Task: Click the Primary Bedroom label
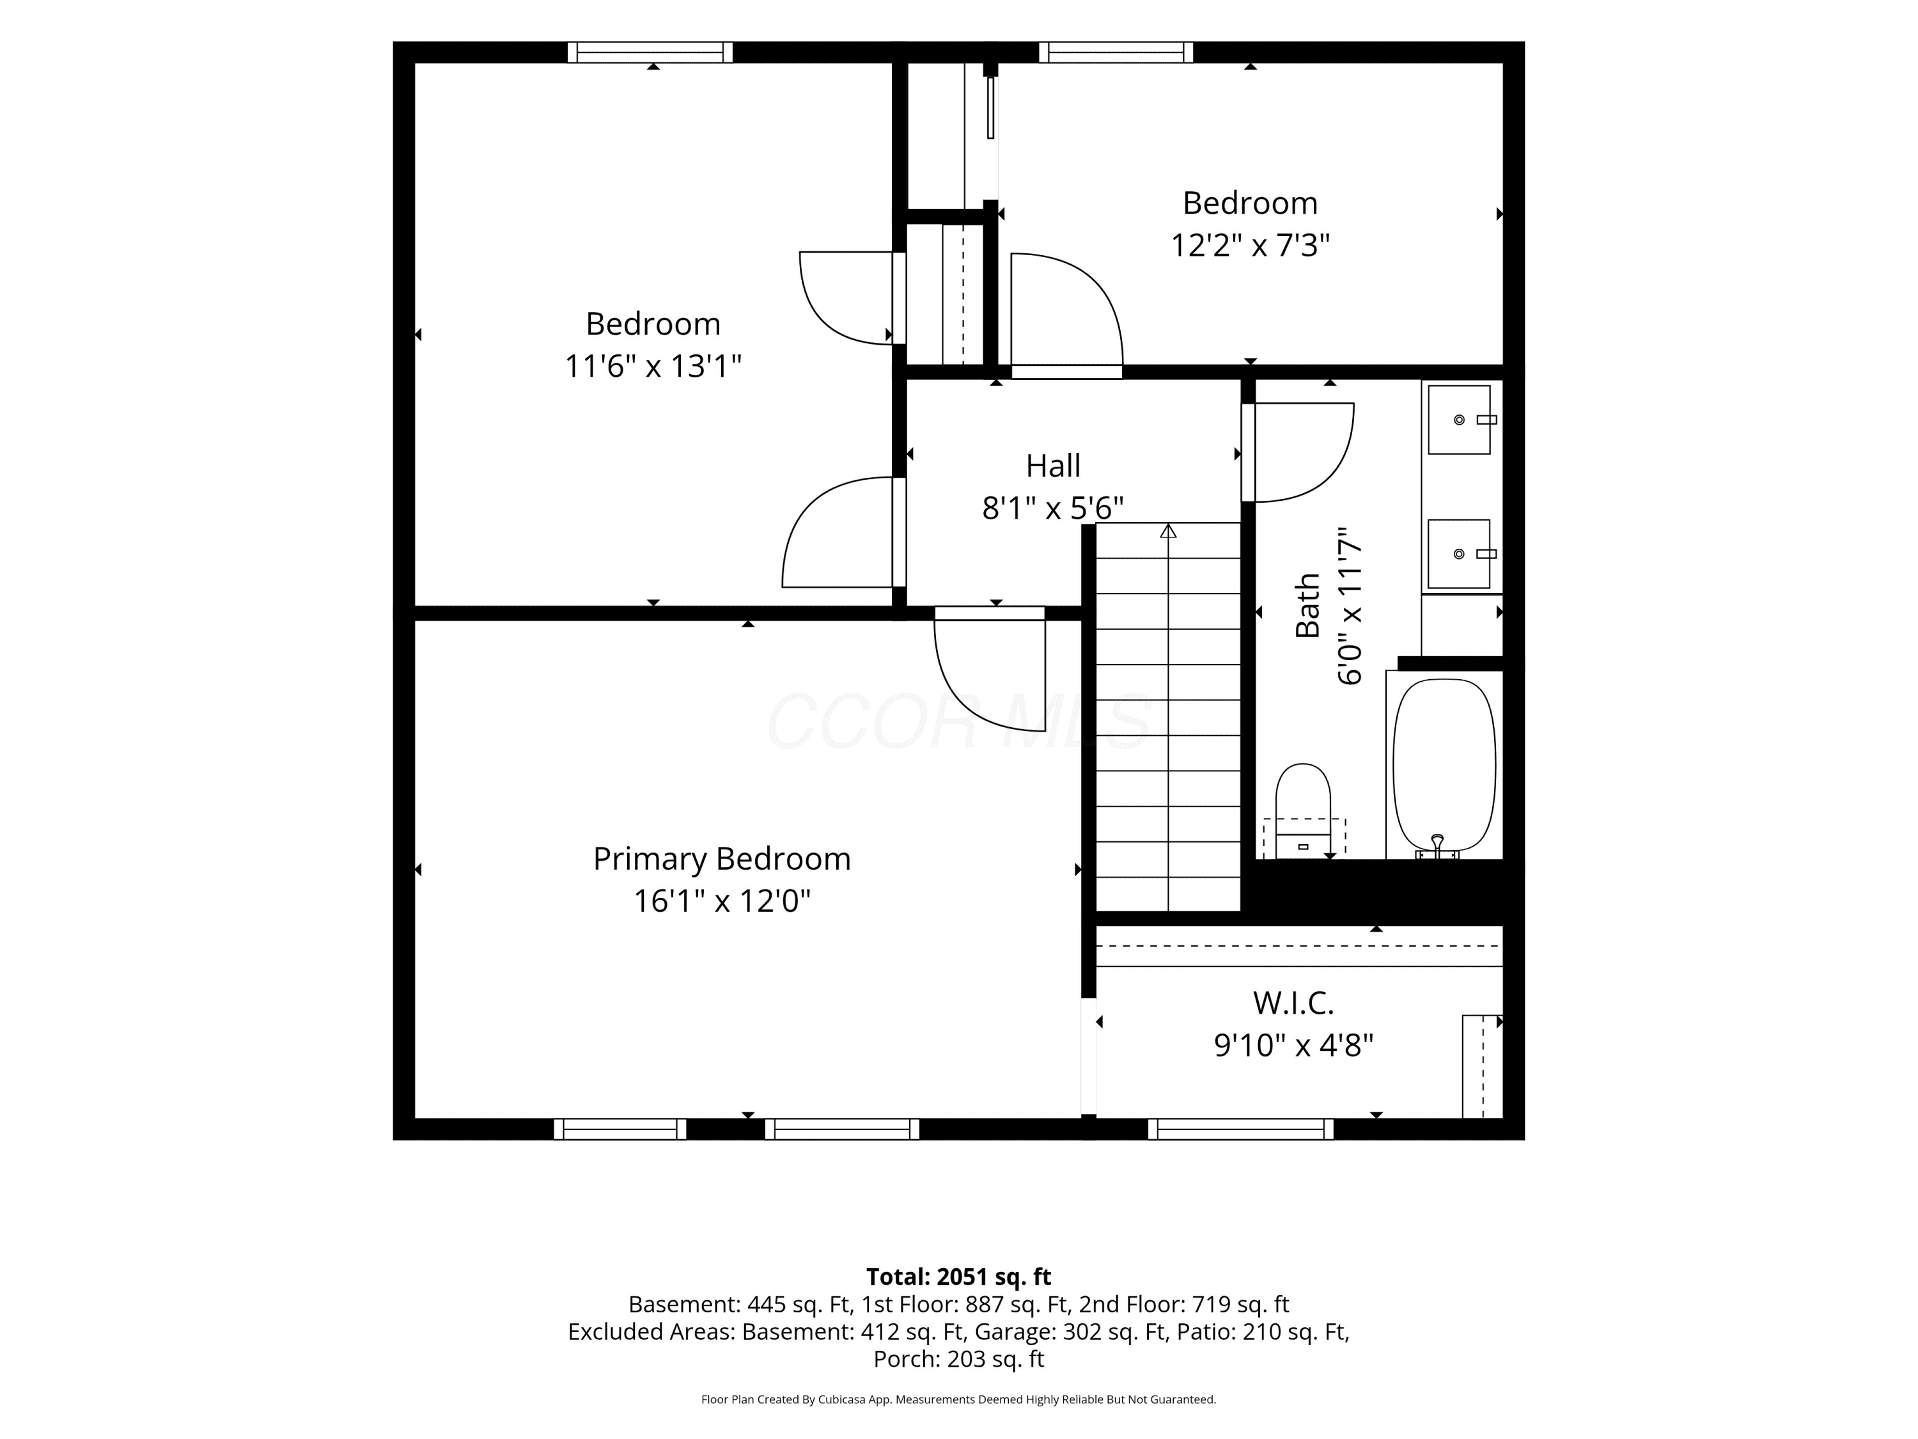pos(721,860)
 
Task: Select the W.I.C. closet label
pos(1293,1003)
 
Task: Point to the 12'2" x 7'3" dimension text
pos(1249,246)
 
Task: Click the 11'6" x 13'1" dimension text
pos(653,366)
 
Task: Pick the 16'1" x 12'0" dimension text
pos(721,901)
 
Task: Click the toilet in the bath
pos(1302,811)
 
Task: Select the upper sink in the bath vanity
pos(1460,420)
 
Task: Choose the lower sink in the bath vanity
pos(1460,554)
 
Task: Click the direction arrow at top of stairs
pos(1168,531)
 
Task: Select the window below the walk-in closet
pos(1241,1128)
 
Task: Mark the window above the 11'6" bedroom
pos(650,52)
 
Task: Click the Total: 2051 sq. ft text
pos(958,1277)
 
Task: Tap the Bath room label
pos(1307,606)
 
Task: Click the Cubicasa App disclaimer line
pos(958,1399)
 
